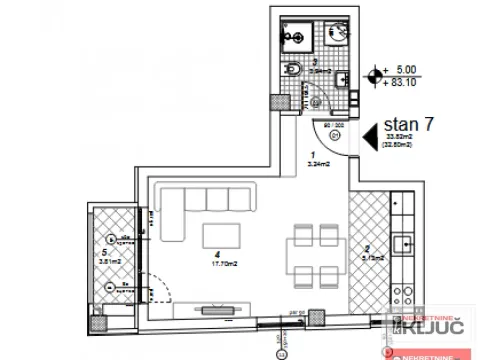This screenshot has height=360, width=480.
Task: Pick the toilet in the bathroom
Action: pos(292,69)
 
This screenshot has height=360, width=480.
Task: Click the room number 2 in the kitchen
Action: pos(366,247)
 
